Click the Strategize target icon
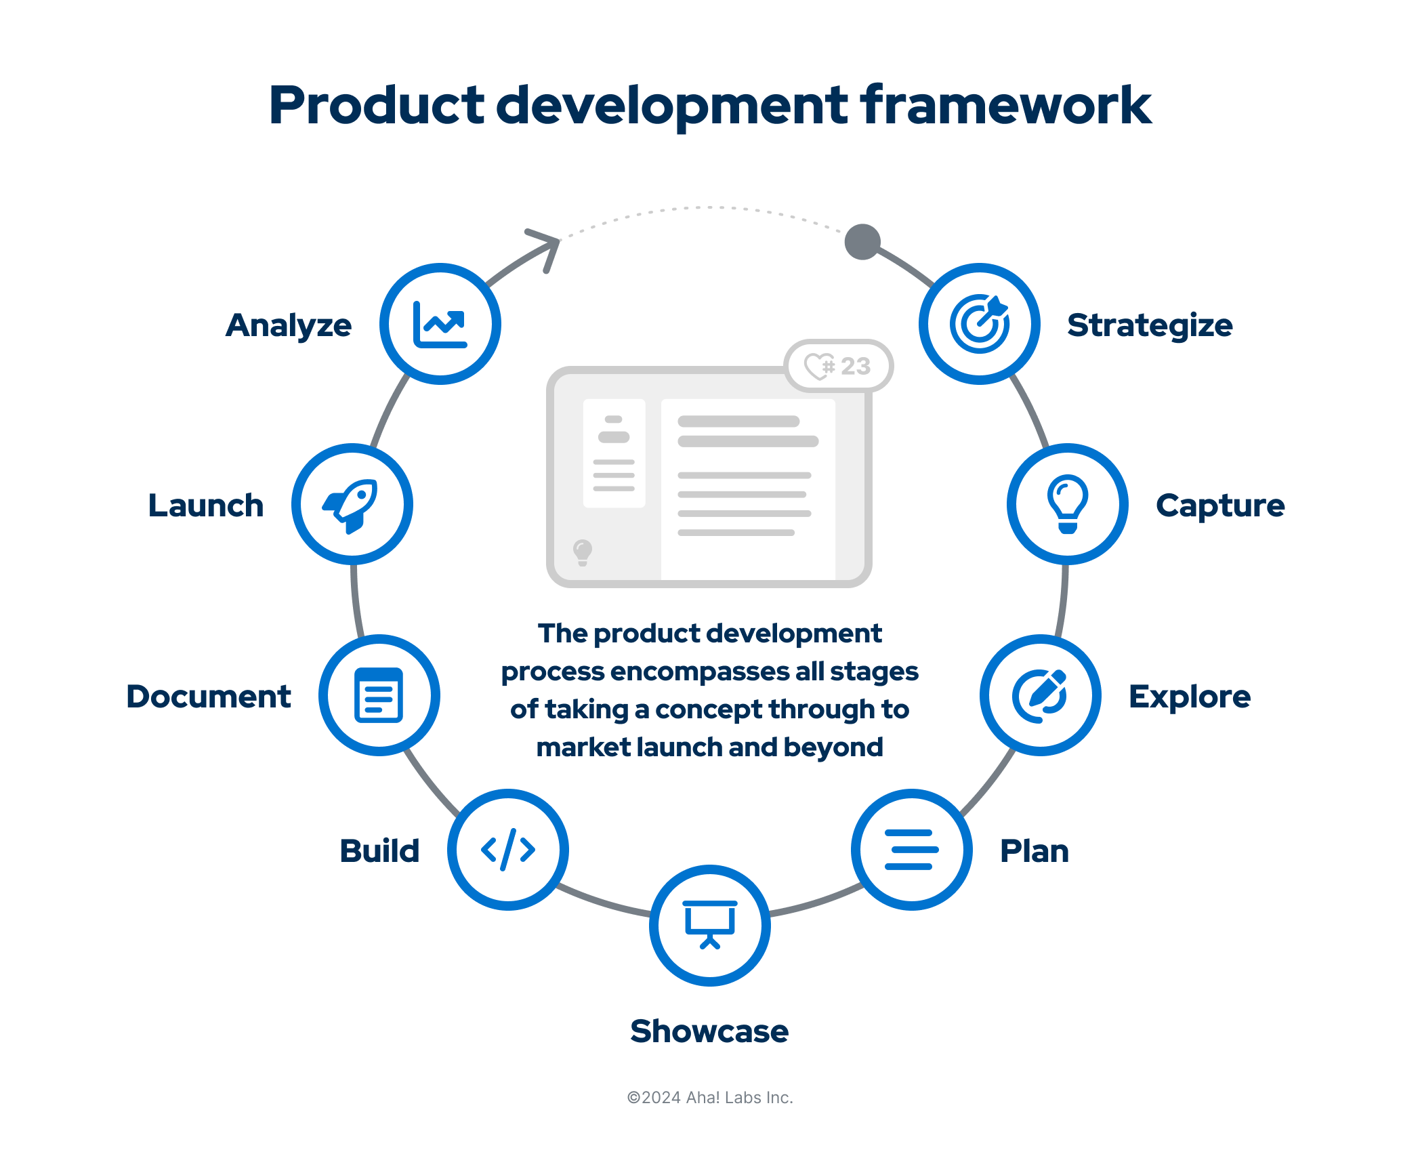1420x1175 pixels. pos(979,324)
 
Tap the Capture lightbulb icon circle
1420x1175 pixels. pos(1067,504)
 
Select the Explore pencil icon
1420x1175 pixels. pos(1040,695)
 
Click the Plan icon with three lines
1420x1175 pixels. pos(911,849)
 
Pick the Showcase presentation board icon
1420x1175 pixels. pos(709,925)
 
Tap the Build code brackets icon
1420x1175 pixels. pos(508,849)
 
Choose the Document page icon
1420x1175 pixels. pos(379,695)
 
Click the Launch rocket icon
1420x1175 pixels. pos(352,504)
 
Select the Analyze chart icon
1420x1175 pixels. pos(440,324)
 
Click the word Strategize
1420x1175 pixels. pos(1150,325)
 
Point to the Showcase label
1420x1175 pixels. pos(709,1031)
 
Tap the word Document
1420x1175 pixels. pos(209,697)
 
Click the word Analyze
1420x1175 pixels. pos(289,325)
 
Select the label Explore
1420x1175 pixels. pos(1189,697)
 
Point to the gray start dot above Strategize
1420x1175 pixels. pos(862,242)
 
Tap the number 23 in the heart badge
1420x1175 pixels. pos(855,366)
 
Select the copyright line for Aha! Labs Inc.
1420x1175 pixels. pos(709,1097)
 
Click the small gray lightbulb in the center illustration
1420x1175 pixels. pos(582,552)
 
